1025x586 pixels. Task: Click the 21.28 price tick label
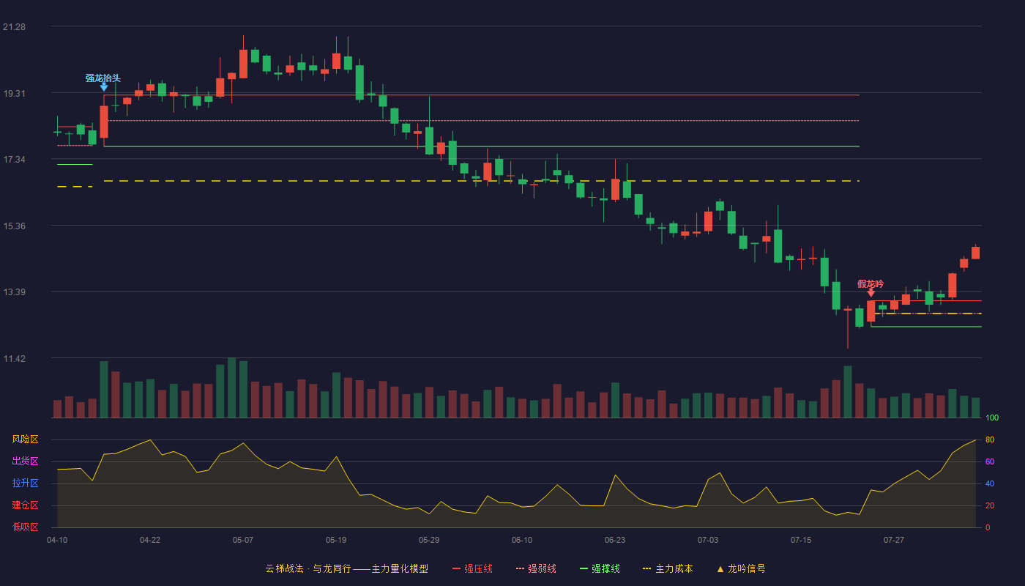click(14, 27)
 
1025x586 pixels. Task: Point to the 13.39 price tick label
click(14, 292)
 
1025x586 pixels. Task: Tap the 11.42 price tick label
click(14, 358)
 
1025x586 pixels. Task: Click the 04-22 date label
click(150, 541)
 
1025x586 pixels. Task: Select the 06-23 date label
click(615, 541)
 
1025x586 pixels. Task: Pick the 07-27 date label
click(894, 541)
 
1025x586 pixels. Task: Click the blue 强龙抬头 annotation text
click(103, 78)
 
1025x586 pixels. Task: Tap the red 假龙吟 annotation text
click(871, 284)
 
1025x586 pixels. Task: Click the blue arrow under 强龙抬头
click(104, 87)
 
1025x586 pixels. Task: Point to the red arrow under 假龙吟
click(871, 293)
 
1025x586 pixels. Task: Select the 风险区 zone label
click(25, 439)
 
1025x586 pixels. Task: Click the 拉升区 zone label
click(25, 483)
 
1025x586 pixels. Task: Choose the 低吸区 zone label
click(25, 527)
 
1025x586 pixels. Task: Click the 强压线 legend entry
click(472, 568)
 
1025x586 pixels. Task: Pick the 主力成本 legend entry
click(668, 568)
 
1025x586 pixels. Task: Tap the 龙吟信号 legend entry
click(741, 568)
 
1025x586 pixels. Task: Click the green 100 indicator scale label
click(992, 418)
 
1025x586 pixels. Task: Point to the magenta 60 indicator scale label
click(990, 461)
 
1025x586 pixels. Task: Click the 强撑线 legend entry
click(600, 568)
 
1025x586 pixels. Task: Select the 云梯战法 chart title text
click(285, 568)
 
